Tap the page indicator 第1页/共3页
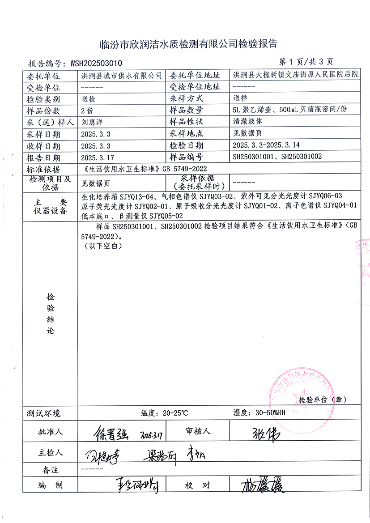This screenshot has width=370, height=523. (x=306, y=62)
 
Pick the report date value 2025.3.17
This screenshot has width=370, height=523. (x=96, y=157)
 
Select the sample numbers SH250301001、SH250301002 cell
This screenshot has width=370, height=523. (x=277, y=157)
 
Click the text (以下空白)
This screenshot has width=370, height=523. (x=102, y=246)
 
